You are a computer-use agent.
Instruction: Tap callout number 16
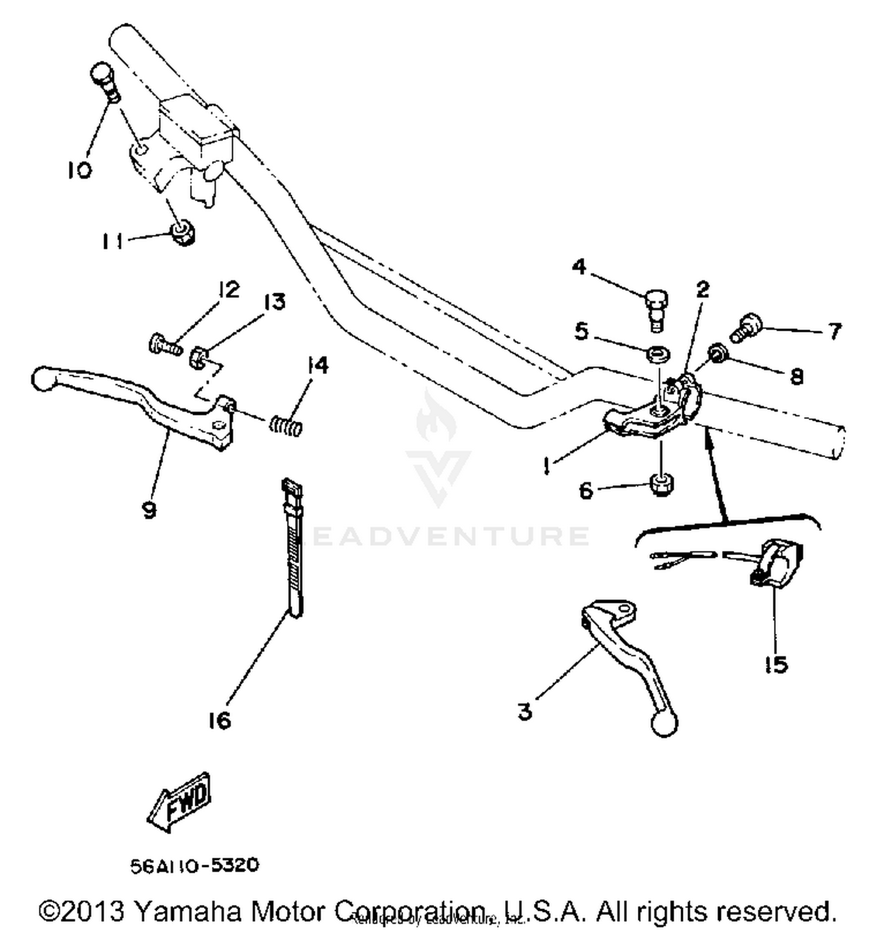219,720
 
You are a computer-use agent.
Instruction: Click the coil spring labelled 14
286,425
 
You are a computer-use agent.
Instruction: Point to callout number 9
149,511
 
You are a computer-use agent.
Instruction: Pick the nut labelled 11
182,234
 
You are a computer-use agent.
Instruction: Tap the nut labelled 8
717,353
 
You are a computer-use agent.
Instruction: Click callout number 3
524,711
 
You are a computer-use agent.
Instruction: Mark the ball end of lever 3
664,724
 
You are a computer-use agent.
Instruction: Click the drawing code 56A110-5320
194,865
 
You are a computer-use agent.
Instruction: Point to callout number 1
545,466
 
